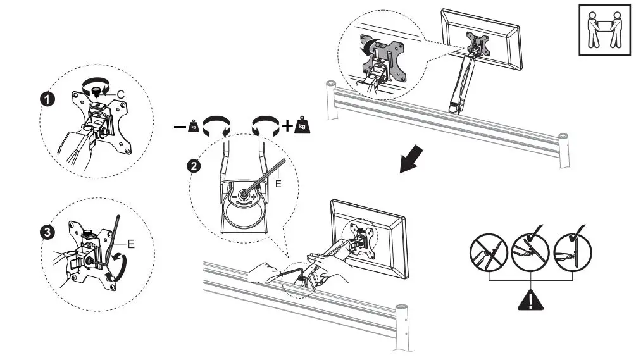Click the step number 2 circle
click(x=196, y=166)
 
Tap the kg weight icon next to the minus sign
click(x=196, y=126)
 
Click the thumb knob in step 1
click(x=98, y=93)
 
